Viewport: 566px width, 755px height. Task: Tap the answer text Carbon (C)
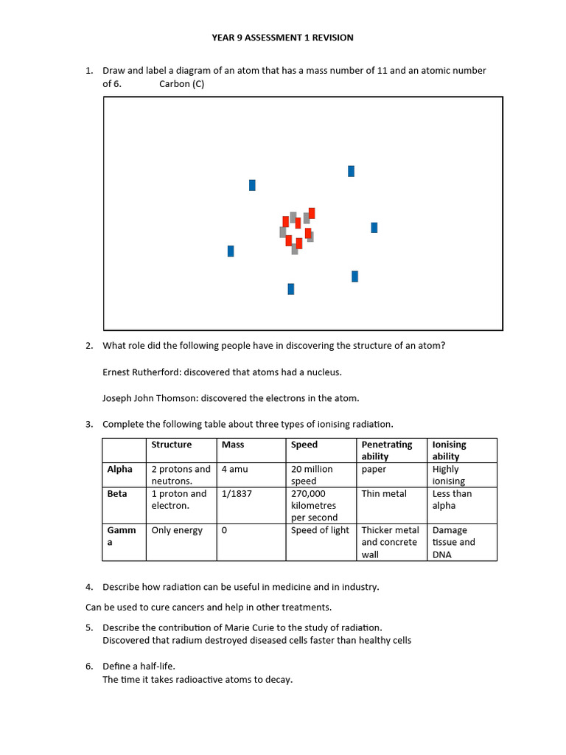point(181,84)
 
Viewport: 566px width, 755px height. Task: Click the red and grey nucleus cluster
point(297,229)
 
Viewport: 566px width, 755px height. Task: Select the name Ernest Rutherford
point(139,372)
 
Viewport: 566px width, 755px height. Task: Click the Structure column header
point(171,445)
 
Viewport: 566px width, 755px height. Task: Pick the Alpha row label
point(119,469)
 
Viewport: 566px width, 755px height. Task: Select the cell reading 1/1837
point(237,493)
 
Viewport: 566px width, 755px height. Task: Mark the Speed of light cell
point(320,530)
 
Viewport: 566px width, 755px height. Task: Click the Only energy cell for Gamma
point(177,530)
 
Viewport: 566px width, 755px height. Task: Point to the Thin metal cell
point(384,493)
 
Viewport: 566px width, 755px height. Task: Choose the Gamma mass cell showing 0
point(224,530)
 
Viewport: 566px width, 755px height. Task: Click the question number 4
point(88,587)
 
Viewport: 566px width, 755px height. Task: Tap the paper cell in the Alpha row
point(374,469)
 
